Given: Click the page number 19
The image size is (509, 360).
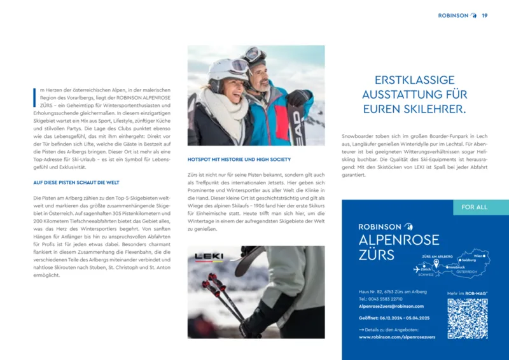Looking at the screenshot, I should click(484, 15).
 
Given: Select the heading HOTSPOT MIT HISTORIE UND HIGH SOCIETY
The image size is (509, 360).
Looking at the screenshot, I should click(239, 159).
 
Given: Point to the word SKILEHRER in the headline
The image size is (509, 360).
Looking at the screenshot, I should click(436, 109).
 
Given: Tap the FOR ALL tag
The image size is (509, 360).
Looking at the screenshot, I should click(474, 207).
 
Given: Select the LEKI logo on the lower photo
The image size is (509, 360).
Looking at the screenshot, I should click(209, 257).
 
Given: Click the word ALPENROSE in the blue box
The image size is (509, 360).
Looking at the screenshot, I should click(399, 240).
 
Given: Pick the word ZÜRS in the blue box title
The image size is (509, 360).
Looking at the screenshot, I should click(376, 255).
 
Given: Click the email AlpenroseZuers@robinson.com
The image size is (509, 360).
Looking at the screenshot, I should click(391, 306).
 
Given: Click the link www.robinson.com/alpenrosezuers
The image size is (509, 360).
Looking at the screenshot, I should click(396, 337).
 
